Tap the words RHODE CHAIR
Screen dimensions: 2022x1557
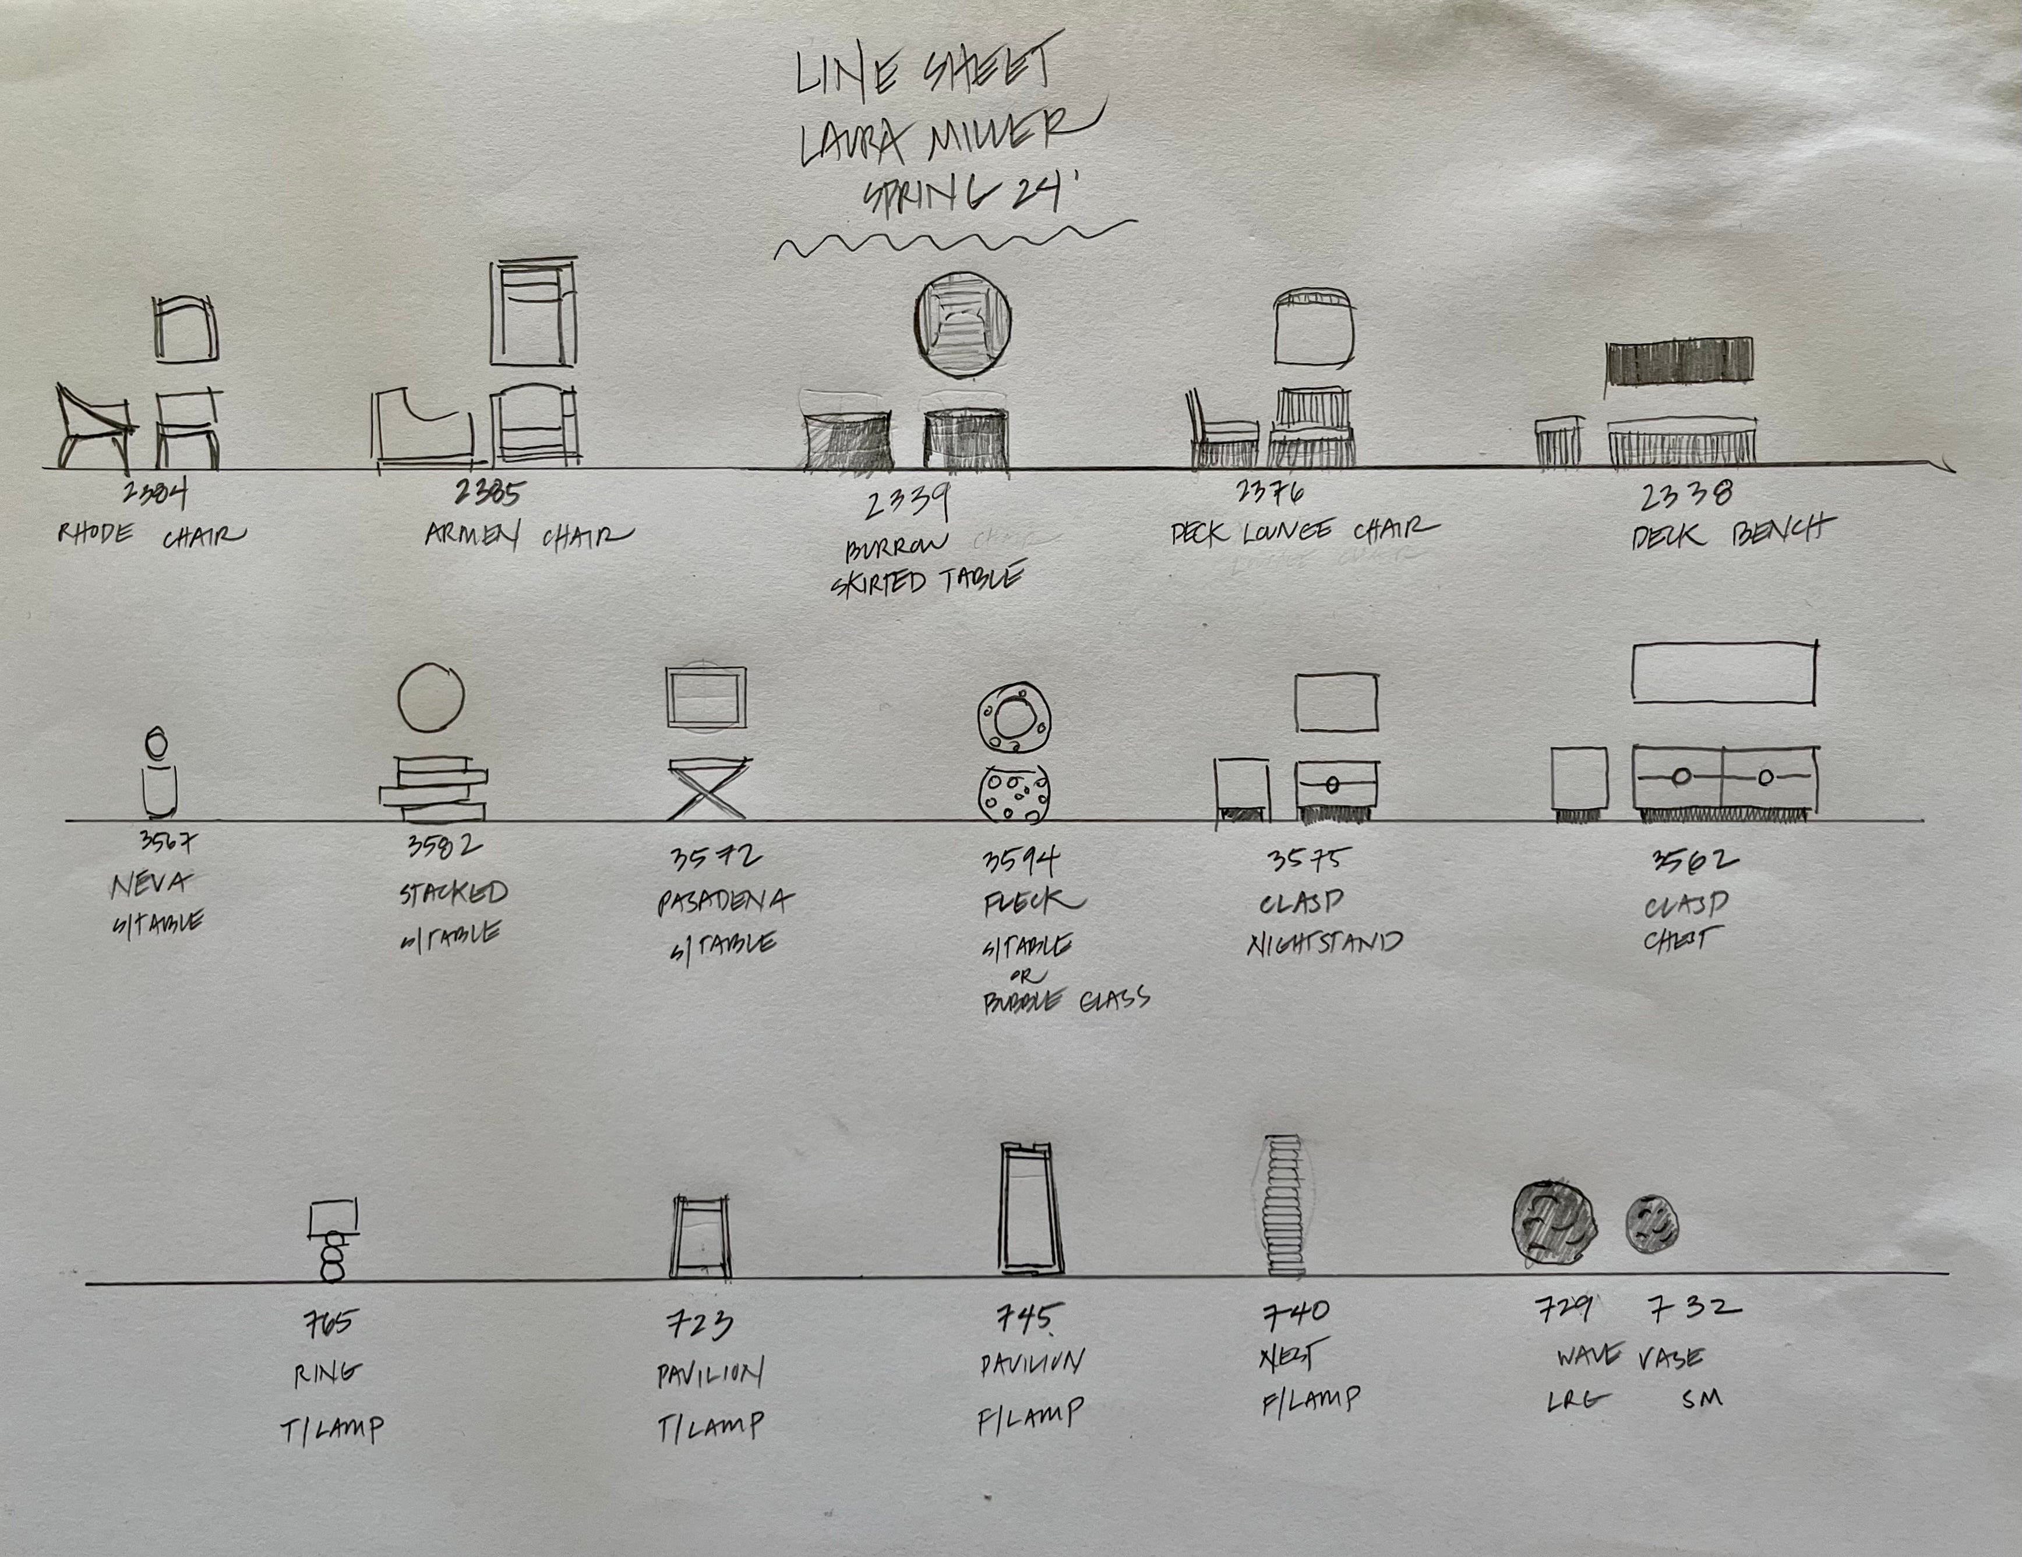coord(151,535)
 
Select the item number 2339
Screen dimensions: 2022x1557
coord(908,504)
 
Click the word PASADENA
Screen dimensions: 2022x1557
coord(725,901)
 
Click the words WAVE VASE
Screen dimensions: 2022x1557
coord(1629,1357)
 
